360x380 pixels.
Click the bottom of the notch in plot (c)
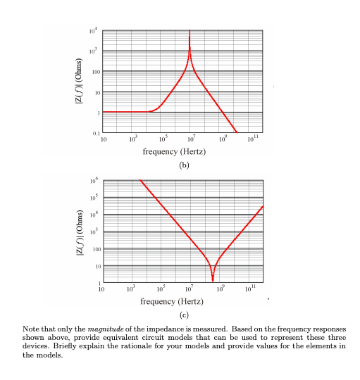pos(213,281)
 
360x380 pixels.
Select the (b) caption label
pos(184,165)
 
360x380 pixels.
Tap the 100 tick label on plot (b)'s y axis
pos(96,72)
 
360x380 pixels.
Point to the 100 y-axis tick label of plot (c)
pos(96,249)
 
